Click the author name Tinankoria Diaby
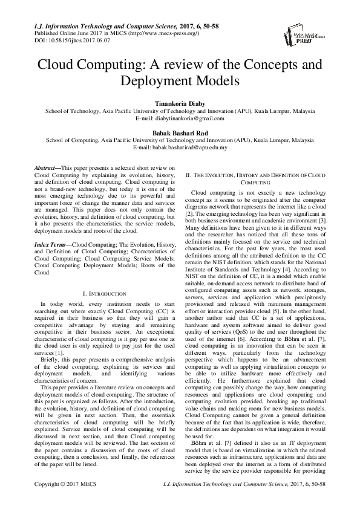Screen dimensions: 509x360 click(x=180, y=103)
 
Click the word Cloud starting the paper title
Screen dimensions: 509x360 click(x=59, y=63)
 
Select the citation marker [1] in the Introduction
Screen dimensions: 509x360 click(x=59, y=351)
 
